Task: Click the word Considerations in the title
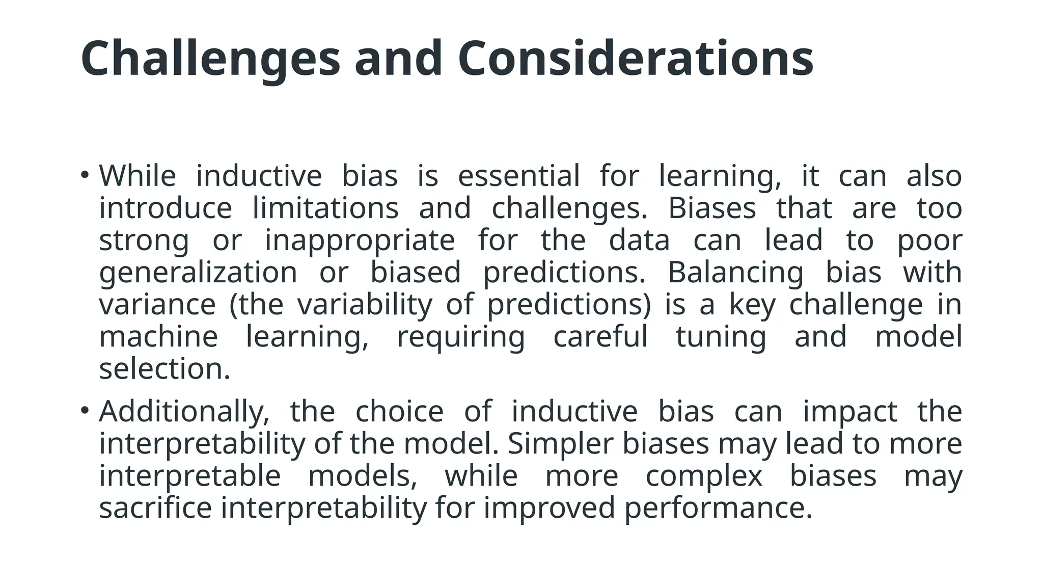click(635, 59)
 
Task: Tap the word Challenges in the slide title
click(210, 59)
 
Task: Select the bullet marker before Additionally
click(85, 411)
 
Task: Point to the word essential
click(518, 176)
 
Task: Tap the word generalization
click(198, 272)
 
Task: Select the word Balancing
click(735, 272)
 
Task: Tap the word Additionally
click(184, 411)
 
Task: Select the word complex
click(704, 475)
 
